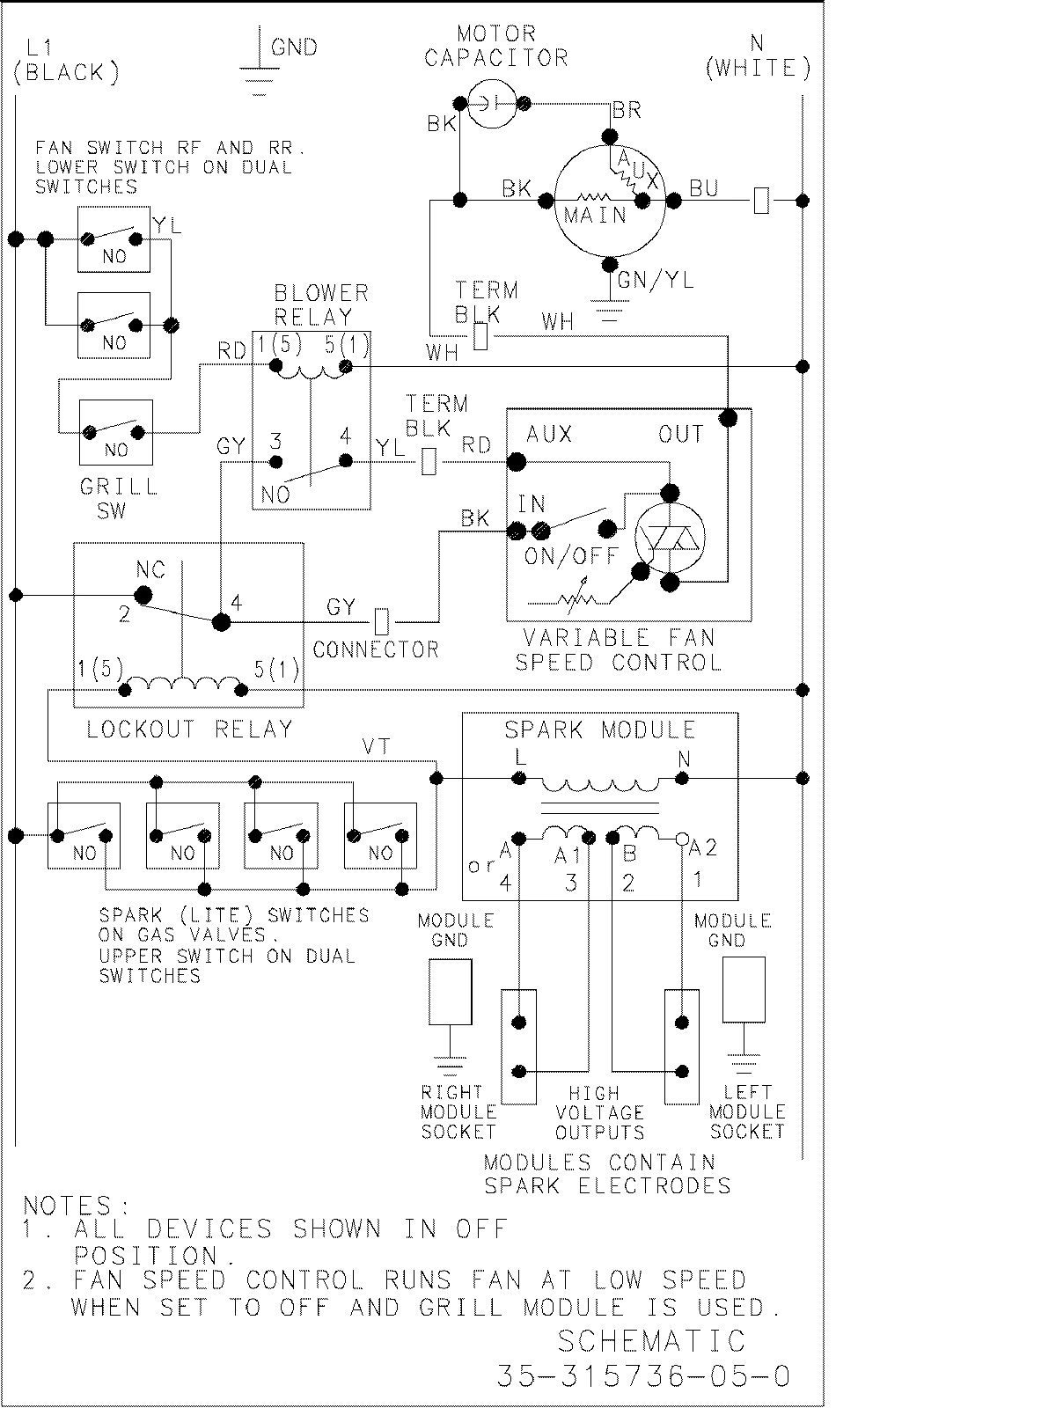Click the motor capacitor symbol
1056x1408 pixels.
[492, 103]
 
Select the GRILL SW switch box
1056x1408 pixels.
[115, 432]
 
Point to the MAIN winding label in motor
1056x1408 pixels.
[595, 215]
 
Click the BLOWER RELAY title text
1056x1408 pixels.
[320, 304]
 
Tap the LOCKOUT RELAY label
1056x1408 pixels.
[189, 729]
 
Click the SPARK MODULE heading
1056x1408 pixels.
[599, 730]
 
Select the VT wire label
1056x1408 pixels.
[377, 748]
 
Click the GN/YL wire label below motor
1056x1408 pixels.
[656, 280]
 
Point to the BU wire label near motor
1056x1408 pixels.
[703, 188]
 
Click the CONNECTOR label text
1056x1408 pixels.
[376, 650]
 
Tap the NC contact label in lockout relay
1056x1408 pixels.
[150, 569]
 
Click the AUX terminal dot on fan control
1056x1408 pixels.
[517, 461]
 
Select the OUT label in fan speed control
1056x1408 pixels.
[681, 434]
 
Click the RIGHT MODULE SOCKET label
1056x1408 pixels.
[458, 1112]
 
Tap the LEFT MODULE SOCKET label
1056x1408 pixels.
[747, 1112]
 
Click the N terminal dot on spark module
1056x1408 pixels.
[681, 778]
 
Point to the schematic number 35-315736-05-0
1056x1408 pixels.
[643, 1376]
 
